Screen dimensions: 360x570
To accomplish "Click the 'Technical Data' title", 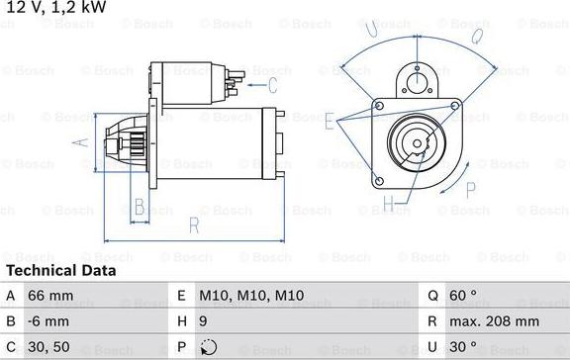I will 60,270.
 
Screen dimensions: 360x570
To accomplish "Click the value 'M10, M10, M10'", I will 252,295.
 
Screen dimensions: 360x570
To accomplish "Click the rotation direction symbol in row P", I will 207,348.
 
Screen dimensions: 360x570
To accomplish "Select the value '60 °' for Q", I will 461,295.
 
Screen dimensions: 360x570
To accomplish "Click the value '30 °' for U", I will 461,348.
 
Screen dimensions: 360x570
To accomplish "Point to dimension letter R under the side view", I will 194,226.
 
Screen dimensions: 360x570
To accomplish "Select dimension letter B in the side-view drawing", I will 140,207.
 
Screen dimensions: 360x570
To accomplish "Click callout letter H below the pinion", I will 389,205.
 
